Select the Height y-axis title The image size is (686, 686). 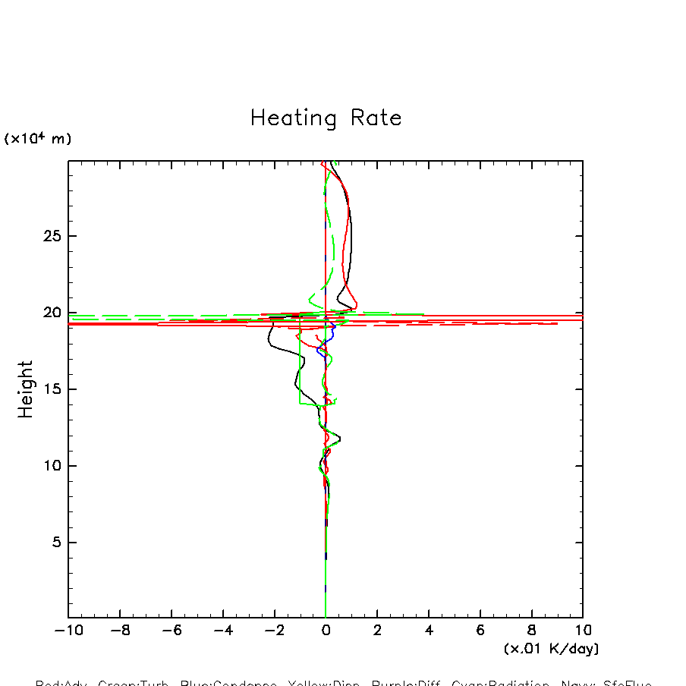(x=26, y=389)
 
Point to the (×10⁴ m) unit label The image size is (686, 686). (x=38, y=139)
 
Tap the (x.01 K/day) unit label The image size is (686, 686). (x=551, y=649)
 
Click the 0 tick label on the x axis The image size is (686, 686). (x=326, y=631)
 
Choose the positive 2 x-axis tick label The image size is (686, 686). (x=377, y=631)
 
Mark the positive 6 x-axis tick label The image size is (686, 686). (x=480, y=631)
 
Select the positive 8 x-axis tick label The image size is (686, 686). (x=531, y=631)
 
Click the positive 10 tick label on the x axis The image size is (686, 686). (x=583, y=631)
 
